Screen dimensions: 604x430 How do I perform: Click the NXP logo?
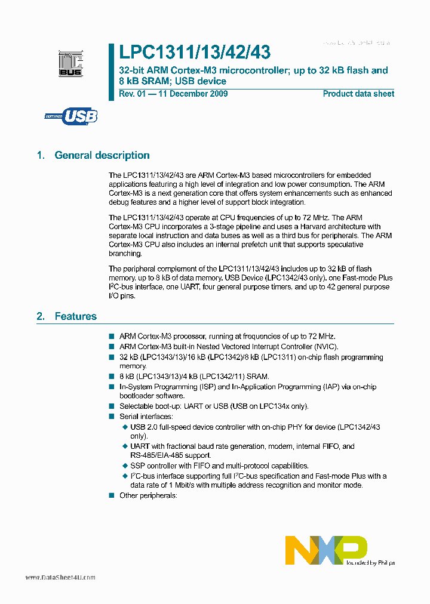(x=326, y=550)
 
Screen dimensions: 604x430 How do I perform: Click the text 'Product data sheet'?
(x=358, y=94)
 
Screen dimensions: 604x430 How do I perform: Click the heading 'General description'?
(x=102, y=155)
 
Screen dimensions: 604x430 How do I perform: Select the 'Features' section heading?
(x=75, y=316)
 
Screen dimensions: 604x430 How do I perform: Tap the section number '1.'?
(x=41, y=155)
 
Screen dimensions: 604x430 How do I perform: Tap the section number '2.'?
(x=41, y=316)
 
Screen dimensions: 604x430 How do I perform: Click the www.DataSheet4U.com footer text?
(x=60, y=578)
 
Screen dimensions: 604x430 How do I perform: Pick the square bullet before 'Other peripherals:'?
(x=111, y=495)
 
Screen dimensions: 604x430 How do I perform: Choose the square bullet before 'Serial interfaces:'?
(x=111, y=417)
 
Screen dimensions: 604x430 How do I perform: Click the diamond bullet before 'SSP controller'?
(x=125, y=466)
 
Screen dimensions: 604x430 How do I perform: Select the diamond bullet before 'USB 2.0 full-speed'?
(x=125, y=427)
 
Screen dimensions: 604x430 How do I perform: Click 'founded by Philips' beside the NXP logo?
(x=370, y=562)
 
